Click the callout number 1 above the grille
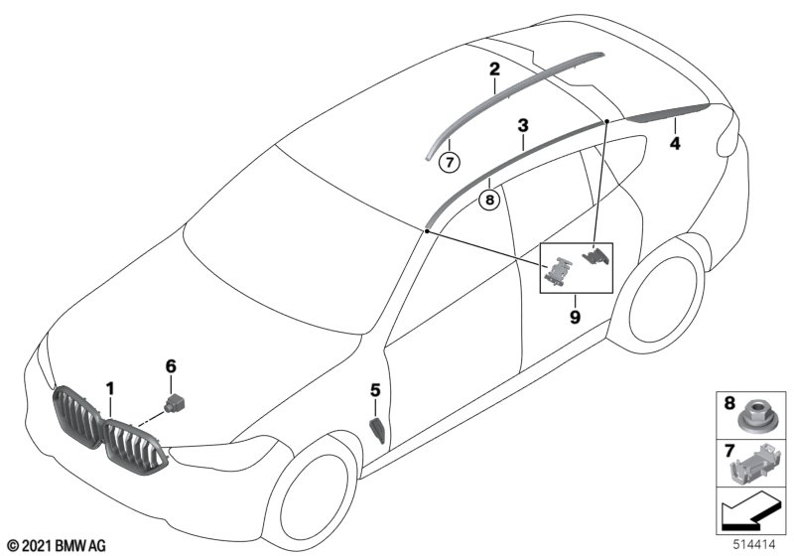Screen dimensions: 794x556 click(111, 387)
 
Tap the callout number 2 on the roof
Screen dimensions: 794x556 click(493, 69)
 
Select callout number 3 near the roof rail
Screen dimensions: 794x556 click(522, 126)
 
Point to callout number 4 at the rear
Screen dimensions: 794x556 click(675, 143)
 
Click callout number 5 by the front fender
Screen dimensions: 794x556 click(375, 391)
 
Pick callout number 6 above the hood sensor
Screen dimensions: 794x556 click(171, 366)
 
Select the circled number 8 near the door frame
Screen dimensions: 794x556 click(488, 199)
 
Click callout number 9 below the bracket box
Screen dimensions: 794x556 click(575, 317)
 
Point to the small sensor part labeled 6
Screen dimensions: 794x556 click(177, 401)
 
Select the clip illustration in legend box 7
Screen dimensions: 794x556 click(752, 461)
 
